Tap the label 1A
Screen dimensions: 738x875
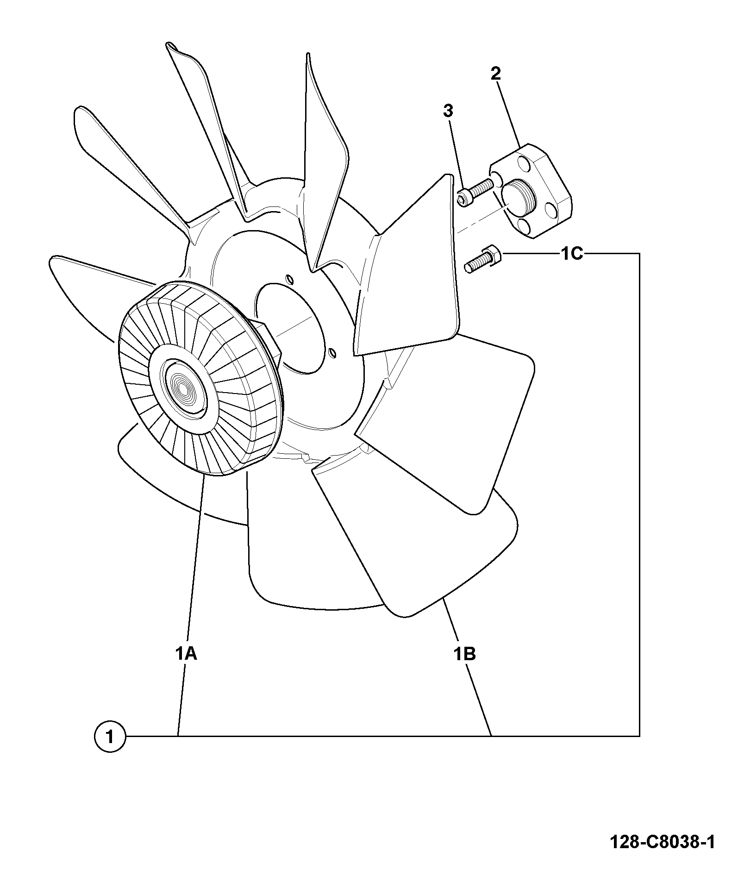click(186, 654)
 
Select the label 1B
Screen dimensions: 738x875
click(464, 654)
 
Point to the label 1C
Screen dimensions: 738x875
click(572, 253)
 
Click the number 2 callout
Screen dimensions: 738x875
click(495, 74)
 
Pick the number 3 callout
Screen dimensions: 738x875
click(448, 111)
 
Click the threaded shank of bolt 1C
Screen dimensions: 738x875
click(475, 265)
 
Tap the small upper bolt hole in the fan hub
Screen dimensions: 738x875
click(289, 279)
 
